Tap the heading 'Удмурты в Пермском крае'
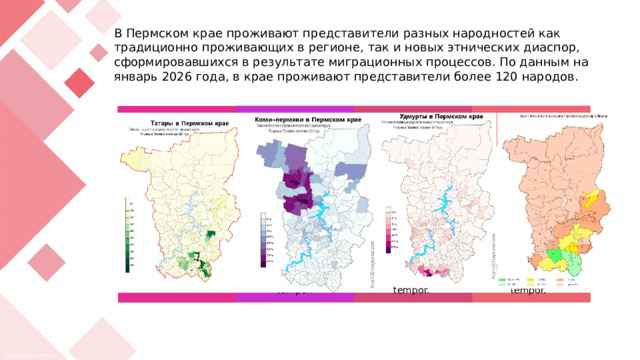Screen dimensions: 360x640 point(435,117)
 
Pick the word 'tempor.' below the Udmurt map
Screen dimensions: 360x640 point(410,290)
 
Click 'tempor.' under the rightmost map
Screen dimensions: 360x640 point(527,290)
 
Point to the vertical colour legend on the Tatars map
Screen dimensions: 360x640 point(128,236)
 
